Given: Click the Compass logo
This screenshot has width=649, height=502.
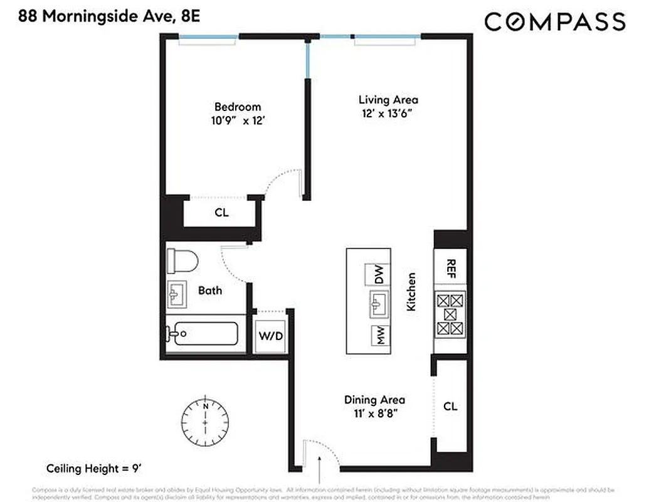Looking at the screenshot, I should [554, 23].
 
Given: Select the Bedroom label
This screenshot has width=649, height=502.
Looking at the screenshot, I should [238, 107].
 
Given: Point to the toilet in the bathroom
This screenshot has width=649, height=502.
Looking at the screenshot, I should [182, 260].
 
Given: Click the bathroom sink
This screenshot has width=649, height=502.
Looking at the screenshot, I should [177, 294].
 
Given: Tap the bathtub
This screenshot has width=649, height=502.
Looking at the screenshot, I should [203, 333].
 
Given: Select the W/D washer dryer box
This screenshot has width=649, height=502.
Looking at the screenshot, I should [271, 336].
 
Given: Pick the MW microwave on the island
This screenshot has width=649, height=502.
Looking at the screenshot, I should [378, 336].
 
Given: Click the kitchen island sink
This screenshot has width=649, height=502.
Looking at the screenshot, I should [376, 306].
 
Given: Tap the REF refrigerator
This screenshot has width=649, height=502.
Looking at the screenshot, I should [451, 269].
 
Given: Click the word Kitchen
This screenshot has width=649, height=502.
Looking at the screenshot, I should [411, 291].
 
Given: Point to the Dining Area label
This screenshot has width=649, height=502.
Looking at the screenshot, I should [374, 400].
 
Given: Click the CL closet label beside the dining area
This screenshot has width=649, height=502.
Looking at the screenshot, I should [450, 407].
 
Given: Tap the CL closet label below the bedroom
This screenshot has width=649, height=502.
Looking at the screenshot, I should [221, 213].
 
